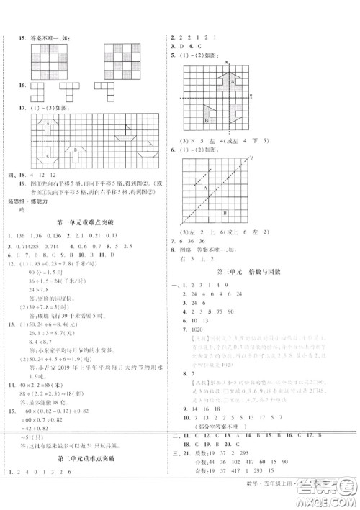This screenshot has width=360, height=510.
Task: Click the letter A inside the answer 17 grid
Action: coord(49,124)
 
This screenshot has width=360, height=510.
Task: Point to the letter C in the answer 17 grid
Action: coord(48,156)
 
